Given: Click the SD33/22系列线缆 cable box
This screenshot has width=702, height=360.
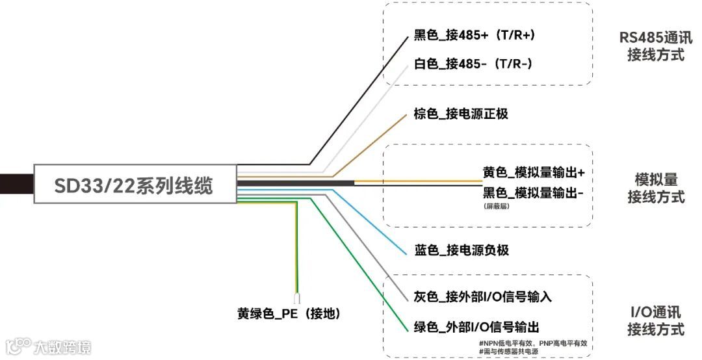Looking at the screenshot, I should tap(133, 185).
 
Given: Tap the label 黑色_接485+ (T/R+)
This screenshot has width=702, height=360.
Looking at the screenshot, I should tap(474, 35).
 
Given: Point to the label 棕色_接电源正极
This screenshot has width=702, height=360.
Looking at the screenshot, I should tap(461, 114).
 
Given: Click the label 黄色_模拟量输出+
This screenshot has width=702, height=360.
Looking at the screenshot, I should tap(533, 173).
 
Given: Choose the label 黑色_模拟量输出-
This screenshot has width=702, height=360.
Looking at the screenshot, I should tap(533, 193).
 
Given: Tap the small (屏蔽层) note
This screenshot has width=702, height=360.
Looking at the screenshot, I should tap(495, 207).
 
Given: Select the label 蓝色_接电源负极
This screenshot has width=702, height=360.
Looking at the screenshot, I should tap(461, 250).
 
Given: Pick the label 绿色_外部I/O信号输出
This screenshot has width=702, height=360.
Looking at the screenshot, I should tap(476, 326).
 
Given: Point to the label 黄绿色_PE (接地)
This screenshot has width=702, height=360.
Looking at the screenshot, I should tap(289, 314).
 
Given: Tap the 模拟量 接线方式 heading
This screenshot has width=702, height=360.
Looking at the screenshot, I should tap(656, 188).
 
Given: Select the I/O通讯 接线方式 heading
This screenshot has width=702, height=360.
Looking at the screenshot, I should tap(655, 320).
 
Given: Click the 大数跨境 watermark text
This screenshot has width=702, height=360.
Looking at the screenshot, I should tap(62, 347).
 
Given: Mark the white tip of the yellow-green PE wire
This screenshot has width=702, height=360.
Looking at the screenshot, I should tap(297, 299).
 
